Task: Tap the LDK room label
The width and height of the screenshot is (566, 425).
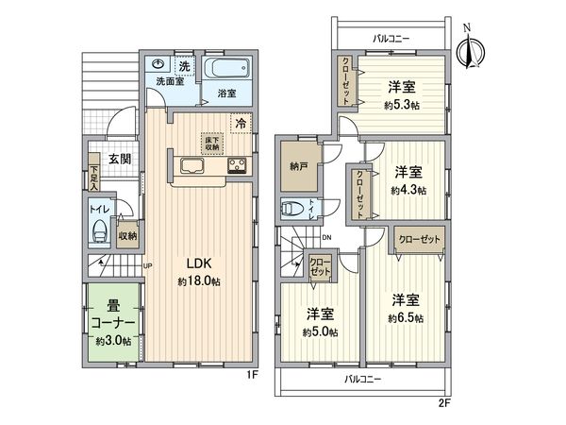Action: pos(197,263)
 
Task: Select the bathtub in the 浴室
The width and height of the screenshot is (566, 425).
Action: pos(226,72)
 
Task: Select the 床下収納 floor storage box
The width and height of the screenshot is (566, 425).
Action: pos(210,144)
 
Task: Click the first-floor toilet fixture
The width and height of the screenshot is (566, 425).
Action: pos(101,231)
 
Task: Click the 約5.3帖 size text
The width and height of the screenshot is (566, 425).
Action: pos(403,105)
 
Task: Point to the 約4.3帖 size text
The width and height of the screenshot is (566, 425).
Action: pos(408,189)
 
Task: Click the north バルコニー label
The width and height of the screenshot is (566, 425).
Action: pos(390,39)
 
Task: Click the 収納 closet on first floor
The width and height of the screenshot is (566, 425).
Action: pos(127,235)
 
